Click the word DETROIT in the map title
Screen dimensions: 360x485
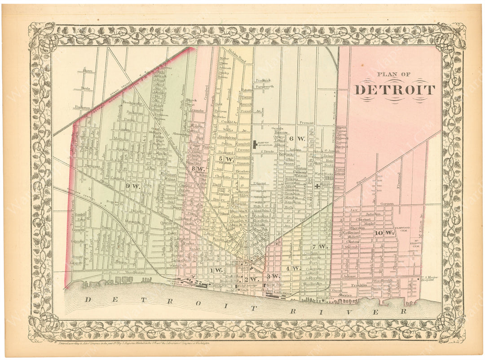[395, 90]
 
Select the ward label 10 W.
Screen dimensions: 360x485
[378, 233]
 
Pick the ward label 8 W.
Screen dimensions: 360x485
[198, 169]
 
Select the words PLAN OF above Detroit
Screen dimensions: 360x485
[394, 75]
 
